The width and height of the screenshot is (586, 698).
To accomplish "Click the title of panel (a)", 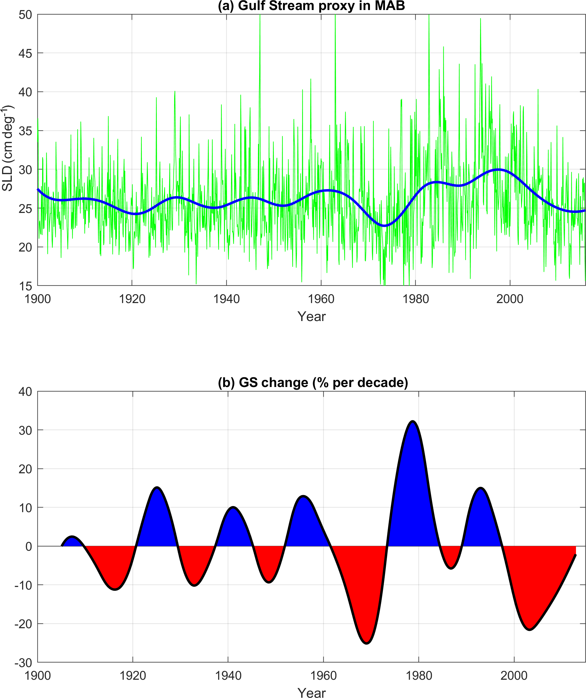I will [x=311, y=6].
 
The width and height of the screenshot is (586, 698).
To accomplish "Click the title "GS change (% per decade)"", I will [x=313, y=383].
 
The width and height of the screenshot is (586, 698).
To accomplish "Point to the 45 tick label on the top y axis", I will [x=25, y=53].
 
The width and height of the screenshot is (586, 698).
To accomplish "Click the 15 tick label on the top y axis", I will [x=25, y=286].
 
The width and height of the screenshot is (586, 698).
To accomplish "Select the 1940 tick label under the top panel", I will [x=226, y=299].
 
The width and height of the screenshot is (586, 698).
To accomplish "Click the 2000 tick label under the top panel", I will [x=510, y=299].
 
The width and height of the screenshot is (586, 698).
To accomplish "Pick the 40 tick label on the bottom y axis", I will [x=25, y=391].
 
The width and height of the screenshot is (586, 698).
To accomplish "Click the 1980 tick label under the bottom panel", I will [x=419, y=676].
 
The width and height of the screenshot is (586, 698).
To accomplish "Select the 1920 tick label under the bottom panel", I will [x=133, y=676].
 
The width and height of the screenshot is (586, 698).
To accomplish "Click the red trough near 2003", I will [x=529, y=625].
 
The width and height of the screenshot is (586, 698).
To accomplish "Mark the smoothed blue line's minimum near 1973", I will [x=384, y=226].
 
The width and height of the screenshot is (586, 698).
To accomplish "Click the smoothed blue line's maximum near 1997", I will [x=498, y=170].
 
